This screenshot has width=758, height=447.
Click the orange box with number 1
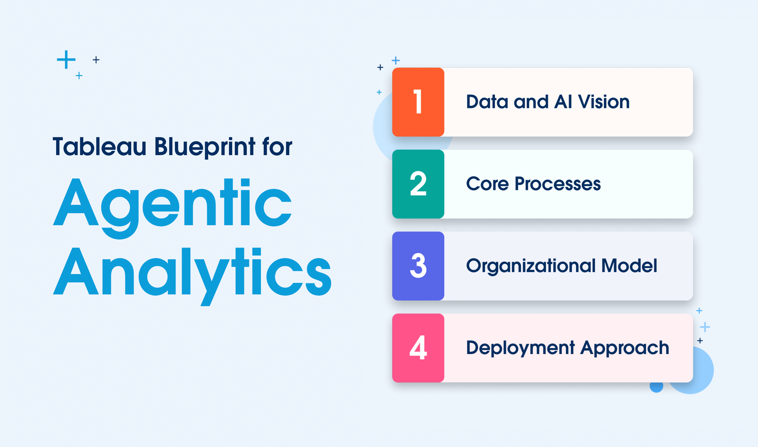point(418,102)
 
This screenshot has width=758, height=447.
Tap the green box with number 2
point(418,184)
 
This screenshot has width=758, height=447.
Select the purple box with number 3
point(418,266)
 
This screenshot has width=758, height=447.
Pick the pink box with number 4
point(418,348)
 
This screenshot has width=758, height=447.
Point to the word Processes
point(558,183)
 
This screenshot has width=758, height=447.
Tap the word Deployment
point(520,348)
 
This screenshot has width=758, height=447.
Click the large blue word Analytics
point(192,277)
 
